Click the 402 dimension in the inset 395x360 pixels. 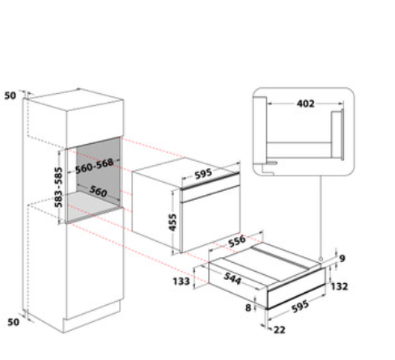tap(305, 104)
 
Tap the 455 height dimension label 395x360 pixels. tap(172, 222)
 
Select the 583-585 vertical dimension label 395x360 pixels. tap(58, 187)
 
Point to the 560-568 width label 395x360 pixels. tap(94, 166)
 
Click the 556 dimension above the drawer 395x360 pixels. tap(237, 241)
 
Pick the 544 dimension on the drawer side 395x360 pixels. tap(232, 278)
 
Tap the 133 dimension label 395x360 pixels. tap(181, 282)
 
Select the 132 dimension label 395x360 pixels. tap(339, 286)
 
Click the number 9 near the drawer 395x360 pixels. tap(342, 258)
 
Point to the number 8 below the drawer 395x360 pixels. tap(248, 307)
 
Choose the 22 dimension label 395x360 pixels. tap(279, 329)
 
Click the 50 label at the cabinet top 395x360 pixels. tap(11, 95)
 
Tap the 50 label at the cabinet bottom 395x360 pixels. tap(13, 322)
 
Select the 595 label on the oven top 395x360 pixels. tap(203, 174)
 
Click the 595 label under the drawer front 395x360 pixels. tap(300, 307)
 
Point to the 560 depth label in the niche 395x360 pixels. tap(98, 191)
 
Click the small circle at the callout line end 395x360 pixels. tap(321, 259)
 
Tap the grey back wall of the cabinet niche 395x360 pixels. tap(98, 165)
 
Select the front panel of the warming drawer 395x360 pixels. tap(296, 294)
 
